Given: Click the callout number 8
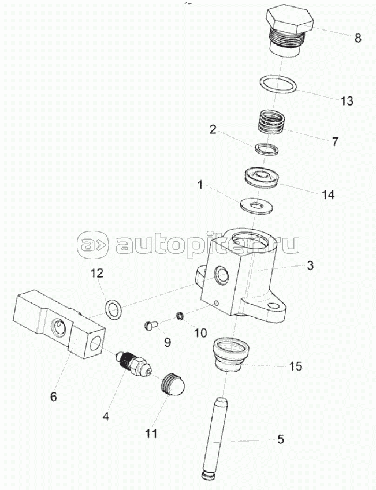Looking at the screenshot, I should pyautogui.click(x=358, y=39).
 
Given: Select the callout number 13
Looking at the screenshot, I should pyautogui.click(x=346, y=101).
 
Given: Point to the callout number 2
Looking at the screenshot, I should pyautogui.click(x=213, y=130).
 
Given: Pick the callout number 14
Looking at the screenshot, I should pyautogui.click(x=327, y=195).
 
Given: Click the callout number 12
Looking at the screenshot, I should pyautogui.click(x=97, y=272).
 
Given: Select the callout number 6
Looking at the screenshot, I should pyautogui.click(x=54, y=397).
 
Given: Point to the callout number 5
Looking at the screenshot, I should pyautogui.click(x=280, y=439).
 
